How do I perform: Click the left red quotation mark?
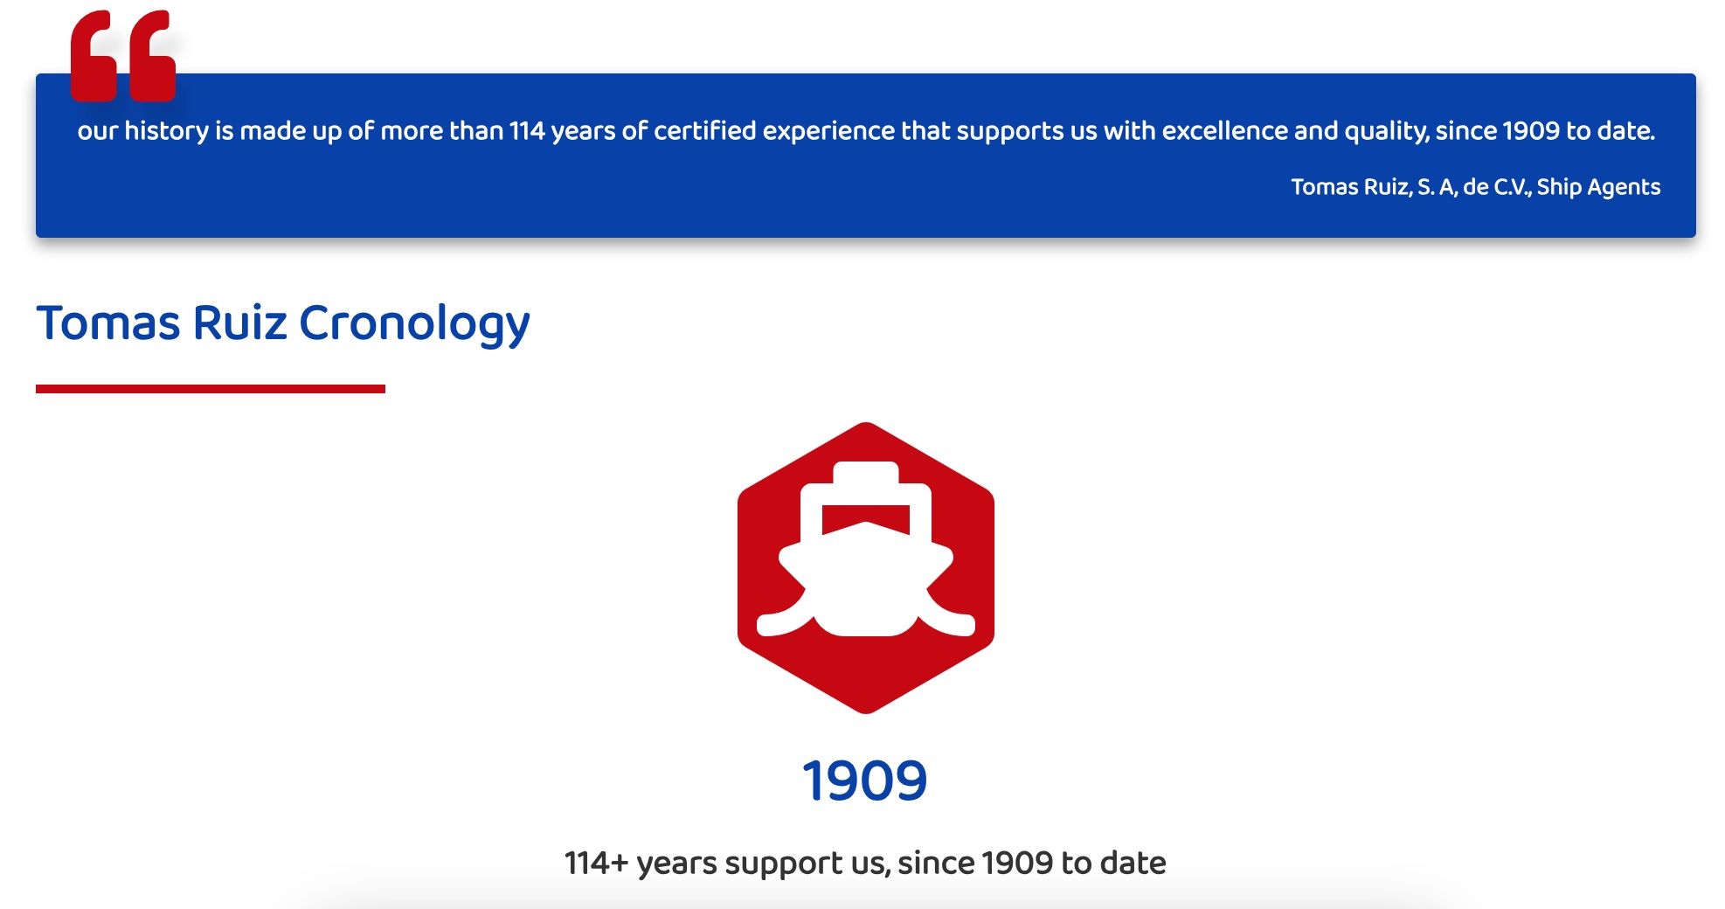pos(94,56)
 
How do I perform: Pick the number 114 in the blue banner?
pos(527,131)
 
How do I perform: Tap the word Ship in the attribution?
pos(1559,187)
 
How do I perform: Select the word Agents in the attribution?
pos(1624,188)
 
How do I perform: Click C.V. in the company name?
pos(1513,187)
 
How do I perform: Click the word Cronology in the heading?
pos(414,323)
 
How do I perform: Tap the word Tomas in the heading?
pos(108,323)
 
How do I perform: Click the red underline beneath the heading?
pos(211,389)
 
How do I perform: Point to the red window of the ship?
pos(866,518)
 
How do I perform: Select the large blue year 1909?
pos(865,781)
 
